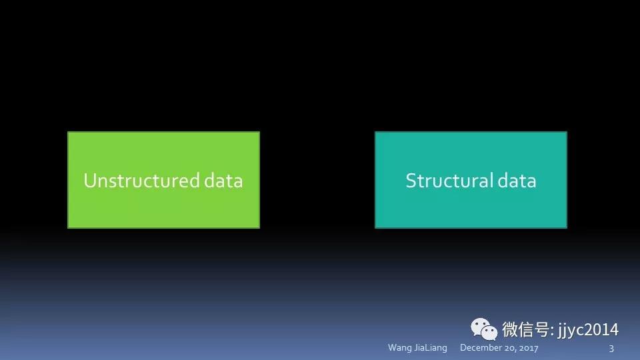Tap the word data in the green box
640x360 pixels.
[223, 181]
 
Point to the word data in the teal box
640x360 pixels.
[517, 181]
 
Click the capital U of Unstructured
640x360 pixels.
[90, 181]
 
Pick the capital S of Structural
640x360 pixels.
[411, 181]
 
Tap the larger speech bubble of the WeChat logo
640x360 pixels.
[480, 327]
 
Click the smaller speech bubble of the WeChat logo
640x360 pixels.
[489, 332]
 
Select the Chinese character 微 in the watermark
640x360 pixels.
[510, 329]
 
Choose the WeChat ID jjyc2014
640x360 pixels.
[588, 330]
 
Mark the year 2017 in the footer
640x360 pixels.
[528, 348]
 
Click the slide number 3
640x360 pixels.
[611, 348]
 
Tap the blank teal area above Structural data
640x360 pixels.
[471, 151]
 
